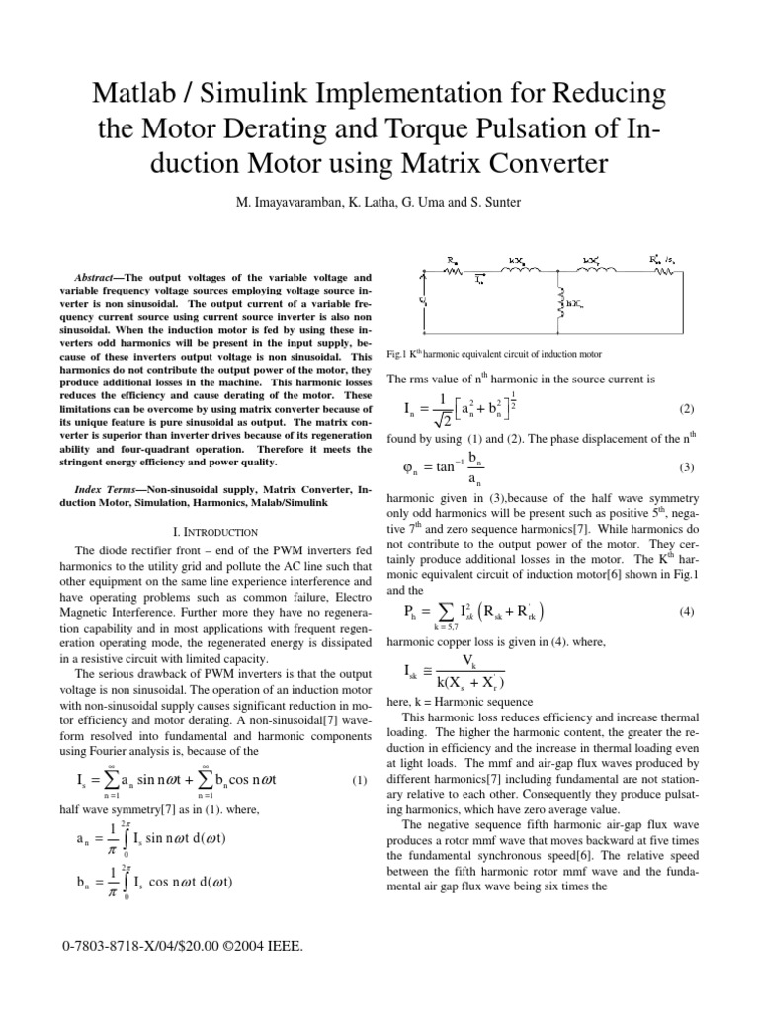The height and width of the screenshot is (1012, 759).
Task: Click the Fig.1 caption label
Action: tap(399, 354)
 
